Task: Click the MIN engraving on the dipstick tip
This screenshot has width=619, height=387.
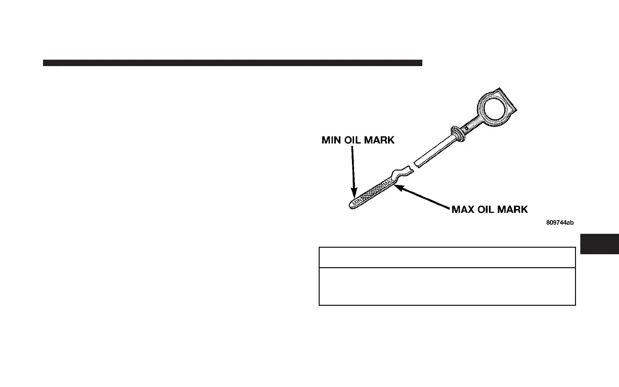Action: click(x=356, y=200)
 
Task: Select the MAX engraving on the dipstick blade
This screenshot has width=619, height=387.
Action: click(x=388, y=187)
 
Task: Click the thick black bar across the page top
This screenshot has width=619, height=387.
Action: click(x=232, y=63)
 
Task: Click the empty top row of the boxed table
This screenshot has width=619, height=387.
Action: click(x=447, y=257)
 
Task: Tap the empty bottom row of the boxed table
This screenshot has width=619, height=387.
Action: click(x=447, y=286)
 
